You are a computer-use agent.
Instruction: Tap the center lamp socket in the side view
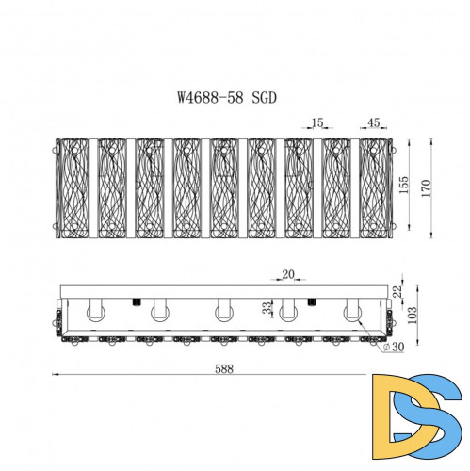tap(223, 309)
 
